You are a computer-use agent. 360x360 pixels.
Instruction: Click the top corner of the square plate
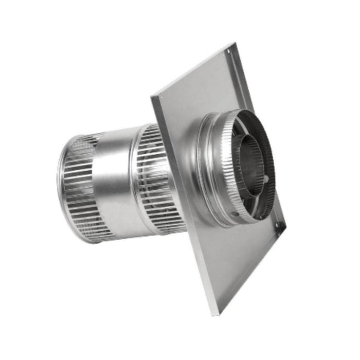coord(235,44)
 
